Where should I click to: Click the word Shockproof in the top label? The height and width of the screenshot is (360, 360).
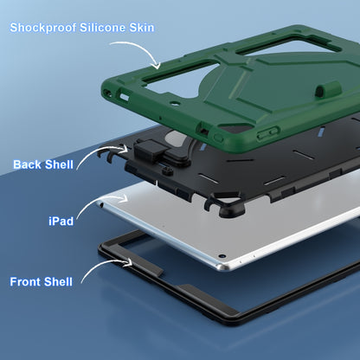coord(43,28)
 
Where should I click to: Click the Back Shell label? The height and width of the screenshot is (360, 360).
coord(43,164)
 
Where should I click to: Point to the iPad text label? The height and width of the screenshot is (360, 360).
coord(61,222)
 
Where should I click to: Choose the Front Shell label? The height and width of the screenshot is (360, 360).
coord(41,282)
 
